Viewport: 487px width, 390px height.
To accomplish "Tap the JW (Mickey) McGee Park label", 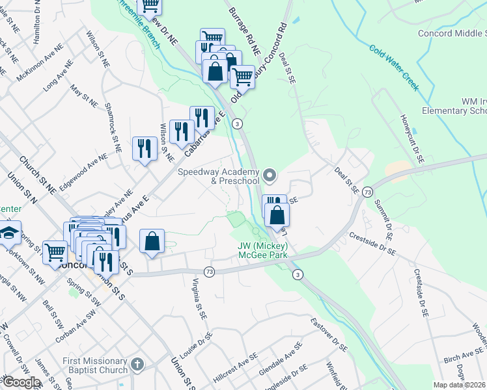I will (x=262, y=251).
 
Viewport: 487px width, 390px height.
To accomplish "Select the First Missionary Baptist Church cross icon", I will (x=136, y=365).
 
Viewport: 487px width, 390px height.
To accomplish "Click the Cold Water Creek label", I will (x=393, y=68).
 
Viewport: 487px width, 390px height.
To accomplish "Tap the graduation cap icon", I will (x=10, y=233).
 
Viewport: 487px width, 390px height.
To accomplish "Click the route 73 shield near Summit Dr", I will (x=367, y=192).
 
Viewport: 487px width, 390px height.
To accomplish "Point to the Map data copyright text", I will (x=460, y=385).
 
